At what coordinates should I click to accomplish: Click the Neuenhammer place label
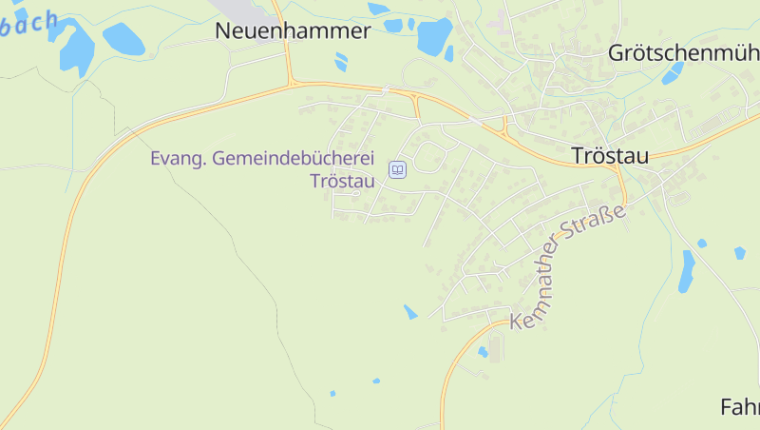(x=293, y=30)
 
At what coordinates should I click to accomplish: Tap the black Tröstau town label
(x=610, y=155)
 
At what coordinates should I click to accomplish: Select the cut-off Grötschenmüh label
(x=683, y=53)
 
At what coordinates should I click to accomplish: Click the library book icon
(x=398, y=170)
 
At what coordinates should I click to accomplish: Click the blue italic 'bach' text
(x=28, y=24)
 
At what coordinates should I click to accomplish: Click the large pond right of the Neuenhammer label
(x=434, y=37)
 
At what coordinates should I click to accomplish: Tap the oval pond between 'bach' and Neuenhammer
(x=123, y=39)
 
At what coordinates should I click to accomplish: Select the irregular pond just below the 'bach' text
(x=75, y=48)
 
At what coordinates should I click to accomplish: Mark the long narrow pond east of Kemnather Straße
(x=686, y=271)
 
